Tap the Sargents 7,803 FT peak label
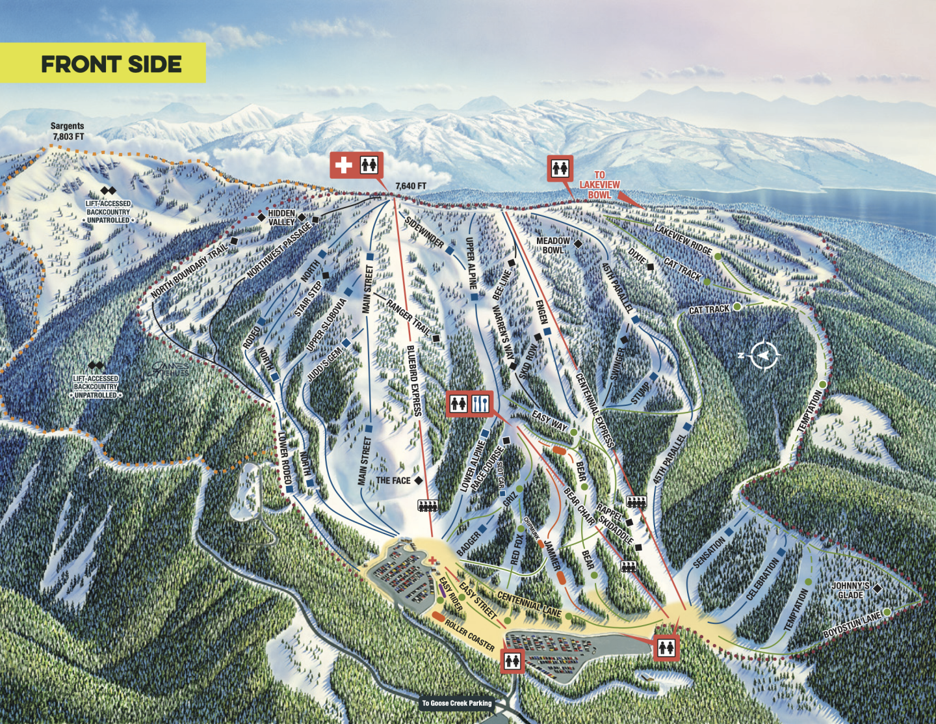coord(68,131)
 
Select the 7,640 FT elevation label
coord(411,186)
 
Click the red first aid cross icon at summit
coord(343,165)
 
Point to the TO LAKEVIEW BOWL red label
coord(599,185)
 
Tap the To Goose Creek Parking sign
coord(457,703)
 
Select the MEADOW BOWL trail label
coord(552,245)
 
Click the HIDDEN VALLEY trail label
coord(281,217)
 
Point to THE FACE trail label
coord(393,481)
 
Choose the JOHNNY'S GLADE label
coord(850,591)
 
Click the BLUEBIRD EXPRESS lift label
coord(414,381)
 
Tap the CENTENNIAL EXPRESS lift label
coord(595,410)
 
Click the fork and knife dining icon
coord(480,404)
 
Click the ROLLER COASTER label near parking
coord(469,635)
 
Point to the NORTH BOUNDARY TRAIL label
coord(190,271)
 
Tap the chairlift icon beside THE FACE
coord(427,505)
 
